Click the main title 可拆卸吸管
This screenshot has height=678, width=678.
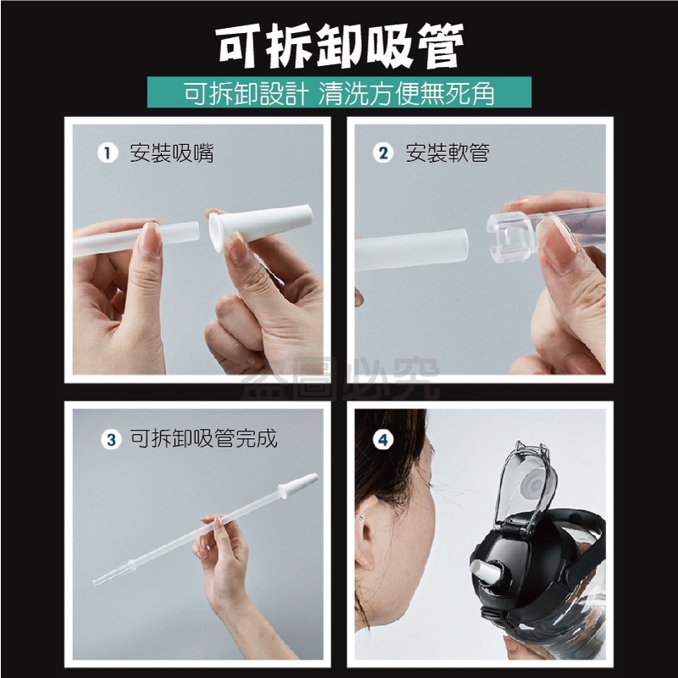(340, 46)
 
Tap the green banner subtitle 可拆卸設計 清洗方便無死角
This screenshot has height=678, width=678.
(340, 92)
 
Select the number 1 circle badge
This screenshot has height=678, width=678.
(108, 153)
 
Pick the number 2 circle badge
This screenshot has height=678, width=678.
(383, 153)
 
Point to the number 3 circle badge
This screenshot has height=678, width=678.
(111, 440)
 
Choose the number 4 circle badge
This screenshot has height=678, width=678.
(383, 440)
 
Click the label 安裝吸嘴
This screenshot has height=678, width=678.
(172, 153)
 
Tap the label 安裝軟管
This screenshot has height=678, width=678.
(447, 153)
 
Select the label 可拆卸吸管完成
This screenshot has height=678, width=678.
(203, 439)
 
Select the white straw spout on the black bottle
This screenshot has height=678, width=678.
(486, 573)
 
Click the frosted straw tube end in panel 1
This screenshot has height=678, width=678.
(181, 234)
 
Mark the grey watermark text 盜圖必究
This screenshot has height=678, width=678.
(340, 379)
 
